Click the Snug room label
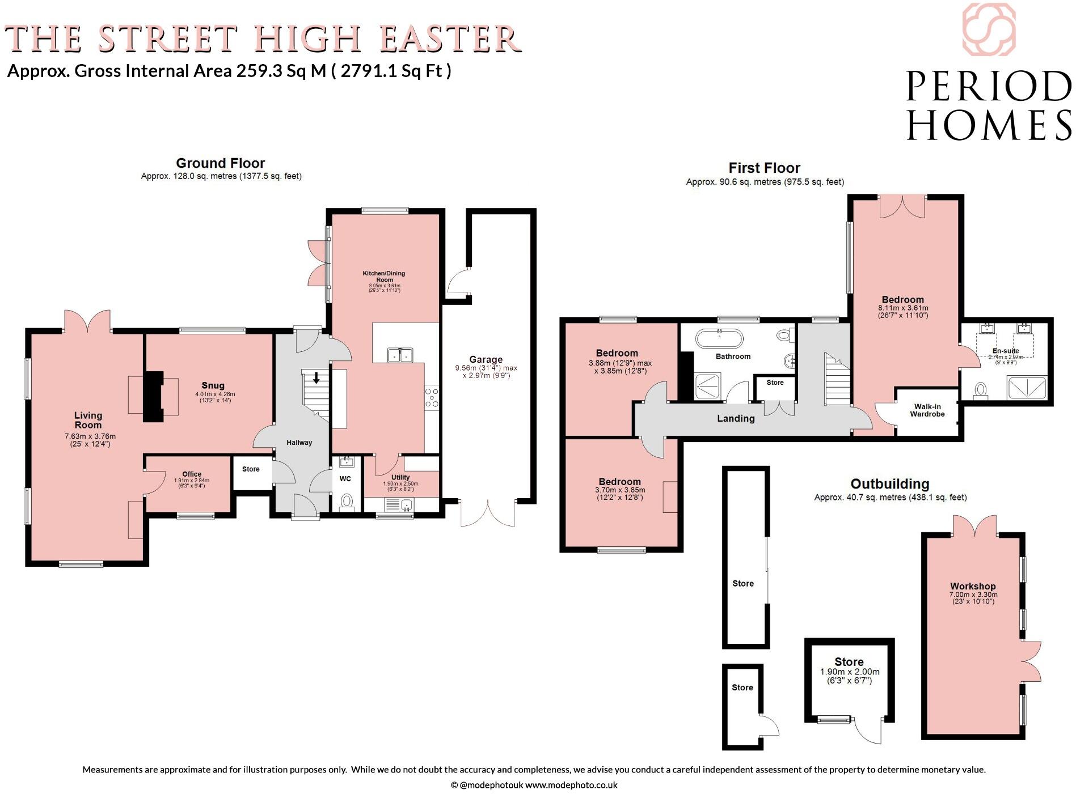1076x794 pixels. pos(214,385)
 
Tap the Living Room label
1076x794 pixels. pos(88,420)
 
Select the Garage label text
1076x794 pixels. pos(486,359)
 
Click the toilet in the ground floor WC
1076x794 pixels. pos(345,502)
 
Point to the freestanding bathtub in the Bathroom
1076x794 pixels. pos(719,339)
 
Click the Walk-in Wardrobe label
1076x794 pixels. pos(927,410)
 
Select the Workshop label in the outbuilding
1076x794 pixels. pos(973,586)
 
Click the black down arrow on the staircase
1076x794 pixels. pos(316,378)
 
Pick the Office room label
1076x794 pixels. pos(192,474)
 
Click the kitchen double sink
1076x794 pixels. pos(400,355)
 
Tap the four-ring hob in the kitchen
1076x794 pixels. pos(432,397)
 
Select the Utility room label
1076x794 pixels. pos(400,477)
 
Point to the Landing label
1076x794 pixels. pos(736,418)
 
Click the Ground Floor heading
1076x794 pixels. pos(220,163)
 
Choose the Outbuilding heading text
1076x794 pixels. pos(889,483)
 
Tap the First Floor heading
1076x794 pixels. pos(764,168)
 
